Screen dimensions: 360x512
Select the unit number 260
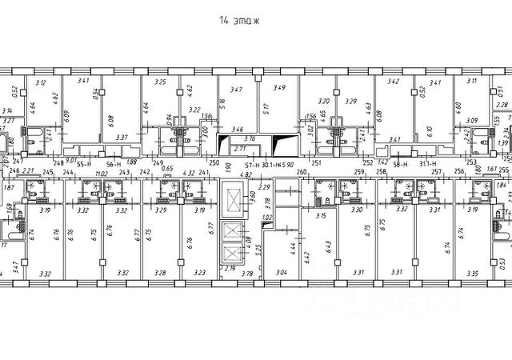[302, 173]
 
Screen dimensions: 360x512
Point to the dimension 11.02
[101, 173]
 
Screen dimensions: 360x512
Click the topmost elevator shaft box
[231, 196]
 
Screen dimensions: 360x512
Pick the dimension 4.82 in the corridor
[246, 173]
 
